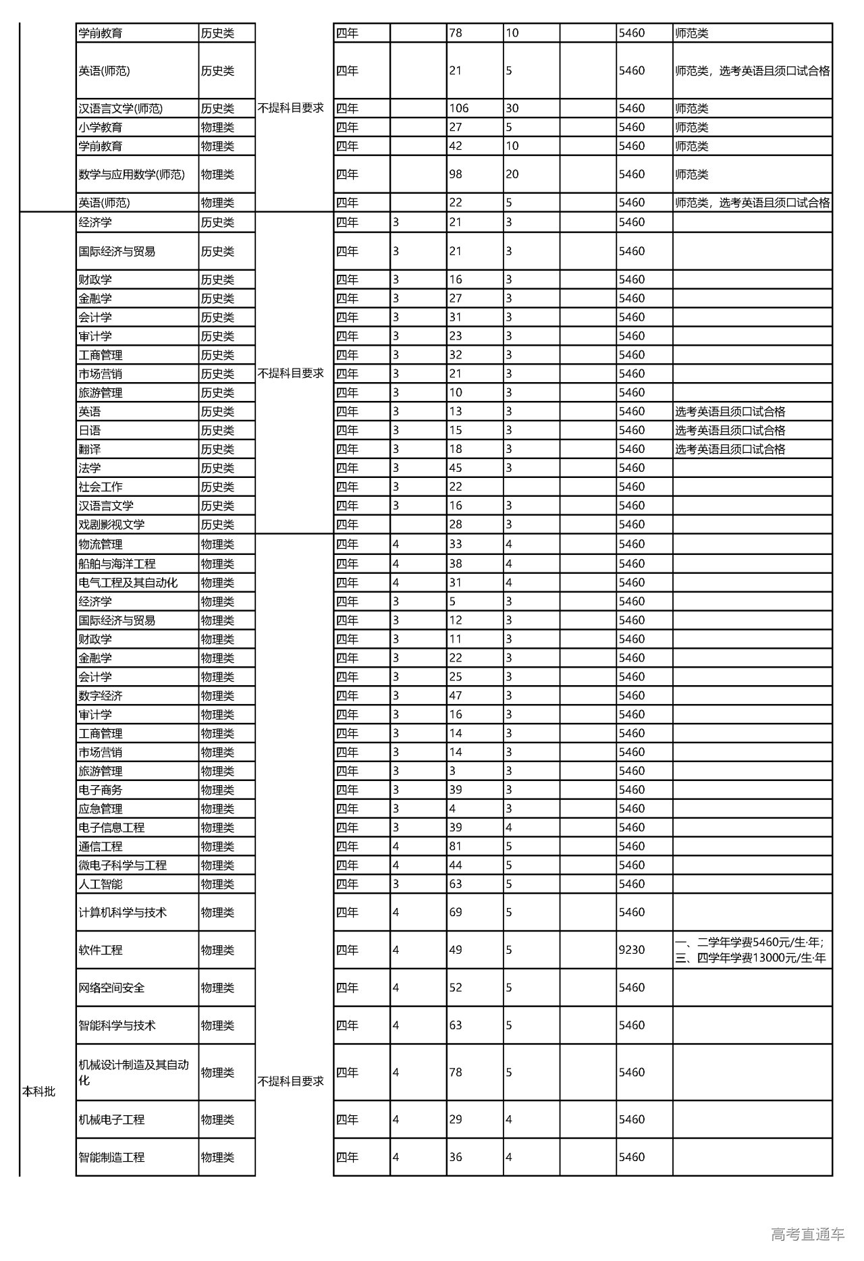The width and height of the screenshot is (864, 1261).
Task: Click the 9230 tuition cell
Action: pos(632,950)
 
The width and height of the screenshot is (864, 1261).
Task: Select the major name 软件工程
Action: pos(101,950)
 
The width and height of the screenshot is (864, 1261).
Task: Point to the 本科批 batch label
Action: pos(39,1092)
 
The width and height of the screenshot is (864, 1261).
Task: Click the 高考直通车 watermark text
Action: pos(807,1234)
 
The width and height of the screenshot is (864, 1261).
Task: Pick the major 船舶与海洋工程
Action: pos(117,564)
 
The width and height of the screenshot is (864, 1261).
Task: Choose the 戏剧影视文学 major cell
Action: pos(111,525)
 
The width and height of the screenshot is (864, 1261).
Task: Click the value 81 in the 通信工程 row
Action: pos(456,846)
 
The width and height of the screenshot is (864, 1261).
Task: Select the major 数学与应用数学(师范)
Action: pos(132,174)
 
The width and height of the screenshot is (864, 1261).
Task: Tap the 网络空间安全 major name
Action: pos(111,988)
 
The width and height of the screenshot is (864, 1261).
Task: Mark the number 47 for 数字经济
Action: pos(456,695)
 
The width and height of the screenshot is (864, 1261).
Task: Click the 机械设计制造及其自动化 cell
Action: pos(134,1072)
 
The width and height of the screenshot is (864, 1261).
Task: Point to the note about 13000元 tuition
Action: pos(751,957)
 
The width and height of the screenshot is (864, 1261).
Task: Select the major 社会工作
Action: pos(101,487)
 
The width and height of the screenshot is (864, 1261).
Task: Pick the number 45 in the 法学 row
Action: pos(456,468)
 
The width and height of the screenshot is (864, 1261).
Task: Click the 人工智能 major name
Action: pos(101,884)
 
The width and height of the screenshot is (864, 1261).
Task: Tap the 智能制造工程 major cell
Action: pos(111,1157)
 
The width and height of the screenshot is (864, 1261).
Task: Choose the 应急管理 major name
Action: pos(101,809)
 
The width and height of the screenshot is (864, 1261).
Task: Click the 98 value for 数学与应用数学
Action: pos(456,174)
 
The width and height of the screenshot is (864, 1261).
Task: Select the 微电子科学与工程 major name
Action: pos(122,865)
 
